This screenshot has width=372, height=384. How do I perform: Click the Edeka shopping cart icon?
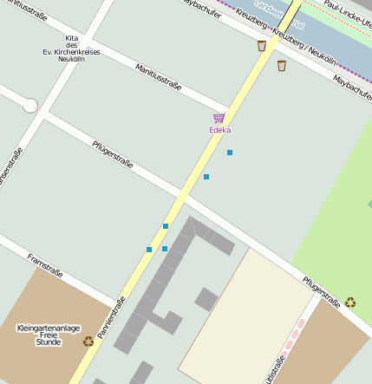(x=219, y=118)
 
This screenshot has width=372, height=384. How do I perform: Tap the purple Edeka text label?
(x=220, y=131)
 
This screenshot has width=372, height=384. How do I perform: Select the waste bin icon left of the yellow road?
(x=262, y=46)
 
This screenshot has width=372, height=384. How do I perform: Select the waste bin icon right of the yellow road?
(x=282, y=65)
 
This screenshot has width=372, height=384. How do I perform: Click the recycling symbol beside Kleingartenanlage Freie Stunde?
(x=88, y=342)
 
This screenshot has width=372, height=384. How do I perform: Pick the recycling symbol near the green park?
(x=350, y=303)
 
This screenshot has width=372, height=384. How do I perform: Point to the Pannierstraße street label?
(x=111, y=317)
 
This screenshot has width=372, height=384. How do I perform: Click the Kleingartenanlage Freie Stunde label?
(x=48, y=335)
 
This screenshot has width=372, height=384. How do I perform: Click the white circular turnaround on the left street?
(x=30, y=106)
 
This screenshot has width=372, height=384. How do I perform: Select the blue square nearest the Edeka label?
(x=230, y=153)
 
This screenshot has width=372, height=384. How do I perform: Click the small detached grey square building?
(x=206, y=300)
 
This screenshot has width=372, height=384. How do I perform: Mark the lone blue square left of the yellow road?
(x=149, y=250)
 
